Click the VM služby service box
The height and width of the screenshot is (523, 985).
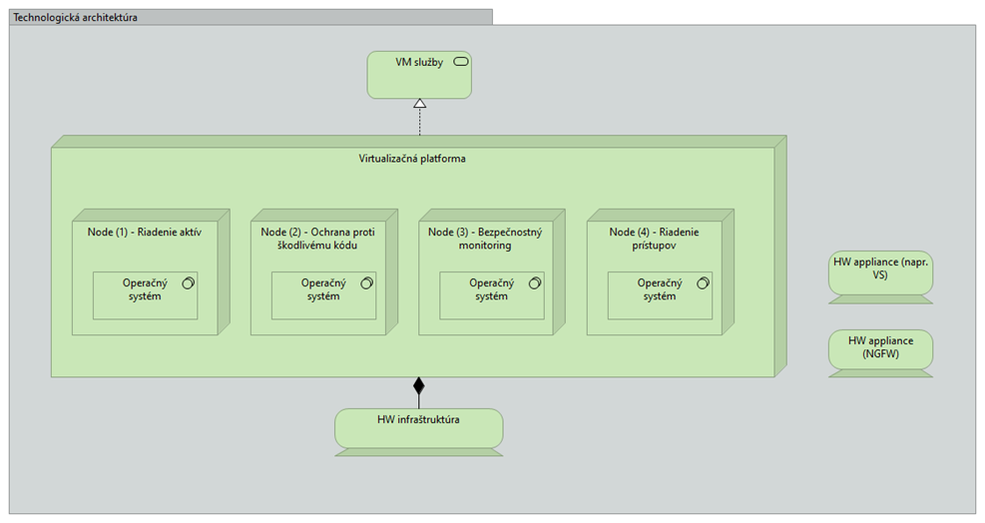[419, 75]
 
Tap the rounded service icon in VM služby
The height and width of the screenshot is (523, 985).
[460, 62]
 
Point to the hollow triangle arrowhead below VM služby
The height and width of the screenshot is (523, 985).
[419, 103]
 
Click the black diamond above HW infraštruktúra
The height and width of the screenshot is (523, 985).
[419, 385]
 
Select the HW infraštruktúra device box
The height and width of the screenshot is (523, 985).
[419, 432]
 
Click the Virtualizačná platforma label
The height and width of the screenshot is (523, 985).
[412, 159]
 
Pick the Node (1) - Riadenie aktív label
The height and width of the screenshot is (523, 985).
[145, 232]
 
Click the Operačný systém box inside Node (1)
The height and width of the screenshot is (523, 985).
[145, 295]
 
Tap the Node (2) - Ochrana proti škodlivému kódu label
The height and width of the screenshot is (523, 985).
[318, 239]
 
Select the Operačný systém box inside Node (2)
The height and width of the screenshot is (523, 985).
[323, 295]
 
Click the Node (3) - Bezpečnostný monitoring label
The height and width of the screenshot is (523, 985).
[485, 239]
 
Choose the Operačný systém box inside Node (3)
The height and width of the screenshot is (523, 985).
[492, 295]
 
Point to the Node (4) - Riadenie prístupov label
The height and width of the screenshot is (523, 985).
[654, 239]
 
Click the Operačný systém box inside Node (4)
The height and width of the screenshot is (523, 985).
[661, 295]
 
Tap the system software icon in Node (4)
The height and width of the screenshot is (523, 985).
[703, 283]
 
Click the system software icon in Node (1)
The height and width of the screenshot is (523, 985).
[188, 283]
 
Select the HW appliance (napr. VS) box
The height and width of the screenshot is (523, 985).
[881, 277]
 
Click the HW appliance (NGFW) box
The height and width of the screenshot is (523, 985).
[881, 353]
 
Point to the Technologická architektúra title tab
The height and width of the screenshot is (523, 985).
[250, 17]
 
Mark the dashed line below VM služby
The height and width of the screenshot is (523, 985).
[419, 122]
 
